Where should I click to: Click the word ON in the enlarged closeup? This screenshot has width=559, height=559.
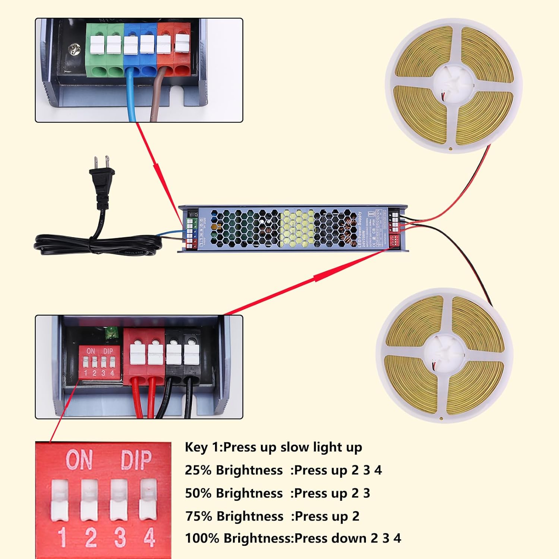pos(79,460)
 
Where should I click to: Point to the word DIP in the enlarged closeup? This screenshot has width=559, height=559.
pos(136,460)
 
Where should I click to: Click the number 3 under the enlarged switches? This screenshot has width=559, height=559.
pos(120,537)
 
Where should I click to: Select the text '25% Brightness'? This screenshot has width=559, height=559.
pos(234,470)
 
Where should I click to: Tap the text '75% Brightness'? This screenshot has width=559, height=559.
pos(234,516)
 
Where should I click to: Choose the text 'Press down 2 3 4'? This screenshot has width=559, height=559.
pos(347,538)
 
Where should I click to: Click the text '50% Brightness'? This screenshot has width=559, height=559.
pos(234,493)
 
